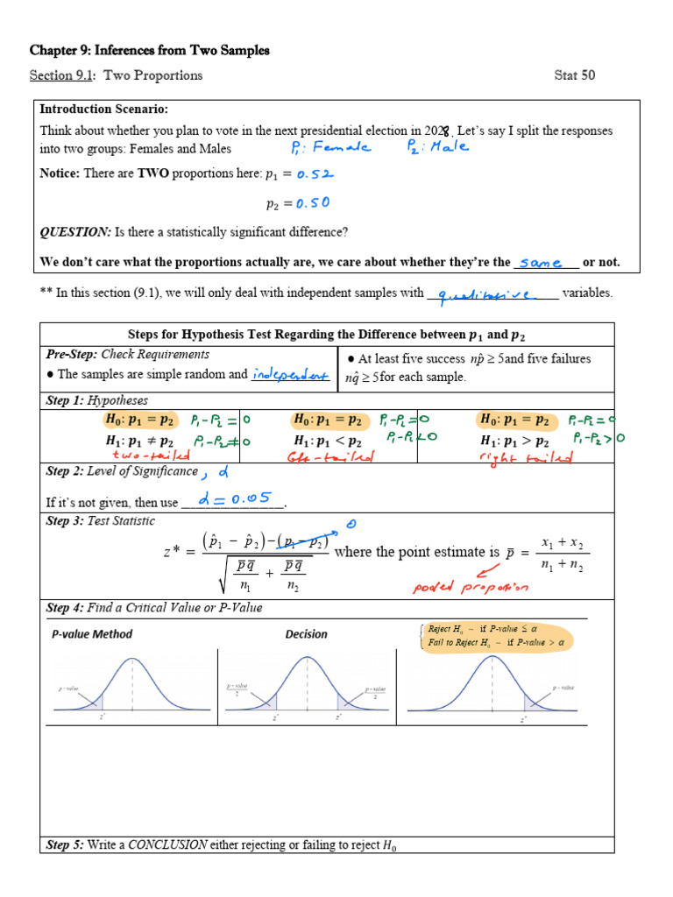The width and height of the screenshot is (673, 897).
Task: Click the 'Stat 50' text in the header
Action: coord(575,75)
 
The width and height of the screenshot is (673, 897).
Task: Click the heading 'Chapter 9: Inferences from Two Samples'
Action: coord(149,51)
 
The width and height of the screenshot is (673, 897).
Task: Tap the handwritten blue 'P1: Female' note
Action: coord(330,147)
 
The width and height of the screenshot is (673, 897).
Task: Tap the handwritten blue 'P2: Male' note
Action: coord(437,146)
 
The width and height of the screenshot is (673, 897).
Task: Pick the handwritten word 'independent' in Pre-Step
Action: coord(290,374)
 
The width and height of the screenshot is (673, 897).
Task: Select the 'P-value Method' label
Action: coord(91,634)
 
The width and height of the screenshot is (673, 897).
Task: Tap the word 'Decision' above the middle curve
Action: coord(307,634)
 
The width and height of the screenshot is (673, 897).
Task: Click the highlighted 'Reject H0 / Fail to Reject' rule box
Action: coord(496,635)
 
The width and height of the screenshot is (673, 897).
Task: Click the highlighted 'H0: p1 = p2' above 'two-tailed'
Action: coord(139,420)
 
